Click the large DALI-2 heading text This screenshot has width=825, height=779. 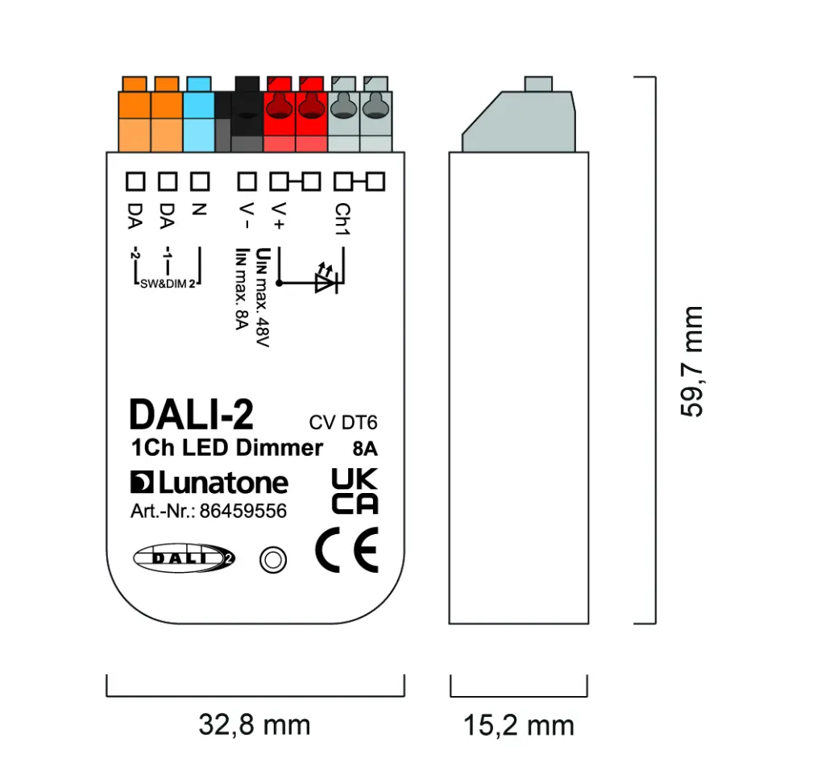pos(191,415)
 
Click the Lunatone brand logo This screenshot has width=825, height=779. pos(209,483)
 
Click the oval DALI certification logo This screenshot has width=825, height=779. pos(183,557)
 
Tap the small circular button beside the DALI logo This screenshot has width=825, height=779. pos(272,559)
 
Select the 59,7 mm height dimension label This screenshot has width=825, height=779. pos(692,361)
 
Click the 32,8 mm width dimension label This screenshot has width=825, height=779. pos(255,725)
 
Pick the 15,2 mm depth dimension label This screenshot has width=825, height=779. pos(518,725)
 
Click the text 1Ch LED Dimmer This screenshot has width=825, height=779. pos(226,448)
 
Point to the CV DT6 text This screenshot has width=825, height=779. pos(343,423)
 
